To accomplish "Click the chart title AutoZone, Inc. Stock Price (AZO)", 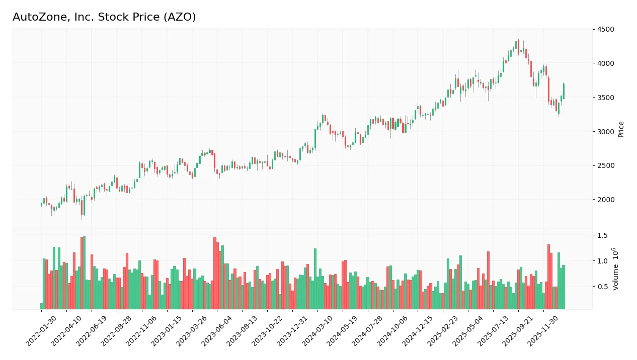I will (104, 17).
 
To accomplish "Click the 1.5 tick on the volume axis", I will (602, 235).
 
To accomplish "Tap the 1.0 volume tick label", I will (602, 261).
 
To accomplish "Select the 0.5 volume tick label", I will (602, 287).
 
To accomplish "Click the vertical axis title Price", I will (621, 129).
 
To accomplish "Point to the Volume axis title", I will (615, 269).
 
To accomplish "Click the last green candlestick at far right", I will (564, 91).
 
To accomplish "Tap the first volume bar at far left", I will (42, 306).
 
